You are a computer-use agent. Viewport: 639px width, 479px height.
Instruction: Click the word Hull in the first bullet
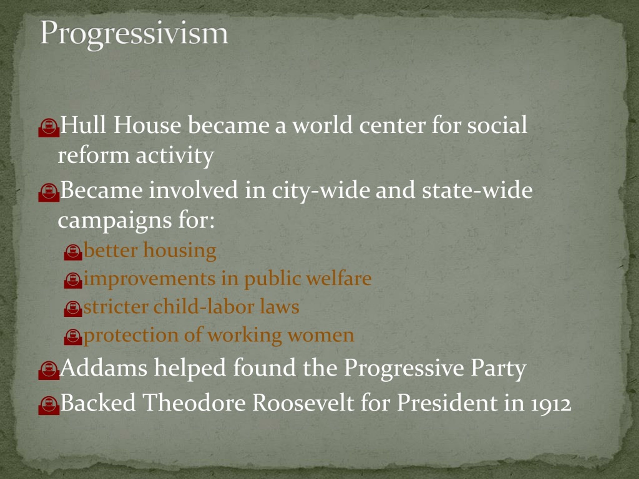(x=83, y=125)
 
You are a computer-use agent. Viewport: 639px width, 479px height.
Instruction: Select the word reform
(x=93, y=155)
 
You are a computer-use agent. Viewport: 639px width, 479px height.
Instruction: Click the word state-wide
(x=477, y=191)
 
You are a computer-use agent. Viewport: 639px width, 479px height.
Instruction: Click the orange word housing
(x=180, y=250)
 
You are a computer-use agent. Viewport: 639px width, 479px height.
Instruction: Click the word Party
(x=498, y=368)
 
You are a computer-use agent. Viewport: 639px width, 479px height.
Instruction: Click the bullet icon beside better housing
(x=73, y=252)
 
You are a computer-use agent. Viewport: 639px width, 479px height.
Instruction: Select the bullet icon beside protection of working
(x=73, y=337)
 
